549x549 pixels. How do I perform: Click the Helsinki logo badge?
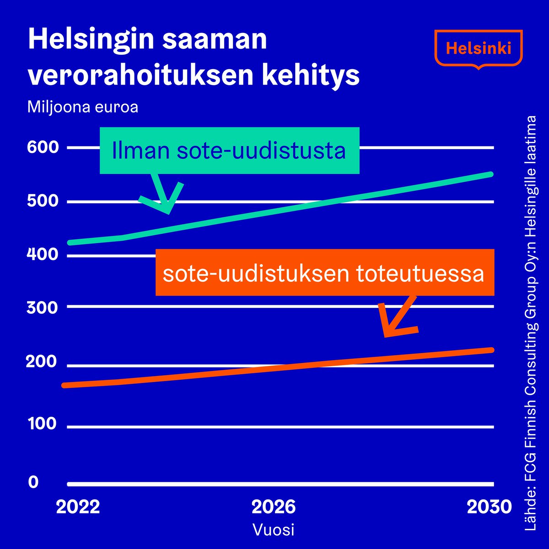[478, 48]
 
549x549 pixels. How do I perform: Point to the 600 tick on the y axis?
[43, 147]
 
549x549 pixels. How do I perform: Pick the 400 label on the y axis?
[43, 254]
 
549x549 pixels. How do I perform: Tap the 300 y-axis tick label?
[43, 307]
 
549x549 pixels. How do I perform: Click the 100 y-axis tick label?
[43, 424]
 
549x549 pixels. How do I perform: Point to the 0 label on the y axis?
[33, 482]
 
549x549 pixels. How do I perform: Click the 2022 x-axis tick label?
[78, 507]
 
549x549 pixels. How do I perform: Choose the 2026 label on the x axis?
[274, 507]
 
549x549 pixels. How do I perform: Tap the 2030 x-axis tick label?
[489, 507]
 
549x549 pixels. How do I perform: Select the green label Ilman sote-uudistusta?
[229, 151]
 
